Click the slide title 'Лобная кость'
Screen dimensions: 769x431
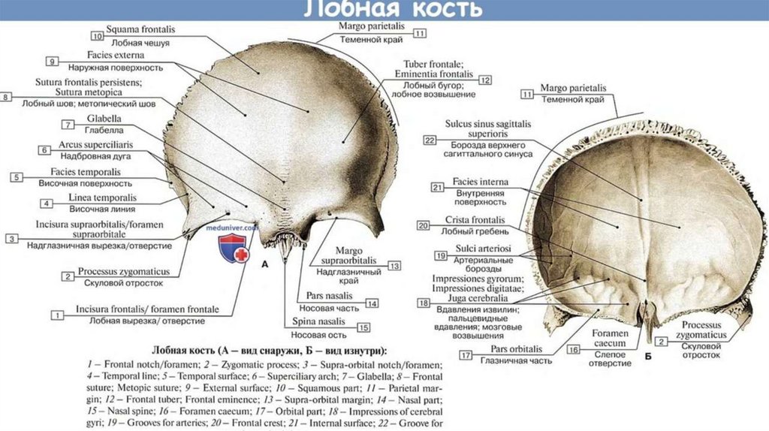pos(392,10)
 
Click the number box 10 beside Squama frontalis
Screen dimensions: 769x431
pos(98,35)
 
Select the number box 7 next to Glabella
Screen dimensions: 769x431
pos(68,125)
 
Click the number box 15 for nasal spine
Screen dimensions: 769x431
pos(363,327)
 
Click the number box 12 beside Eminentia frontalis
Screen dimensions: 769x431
pos(485,80)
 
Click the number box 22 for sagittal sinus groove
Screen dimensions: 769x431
pos(430,140)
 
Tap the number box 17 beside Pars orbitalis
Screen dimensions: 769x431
pos(466,354)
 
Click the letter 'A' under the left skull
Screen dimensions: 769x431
pos(264,264)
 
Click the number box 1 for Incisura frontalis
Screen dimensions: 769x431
pos(56,315)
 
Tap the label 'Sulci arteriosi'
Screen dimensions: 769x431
pos(481,249)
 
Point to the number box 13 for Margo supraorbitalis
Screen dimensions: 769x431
pos(394,265)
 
